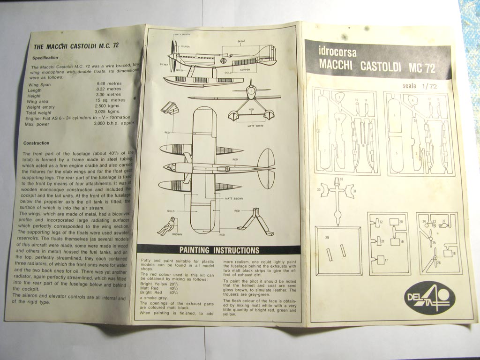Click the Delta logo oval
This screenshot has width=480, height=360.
[x=427, y=298]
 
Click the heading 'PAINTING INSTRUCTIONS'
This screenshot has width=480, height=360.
[x=219, y=250]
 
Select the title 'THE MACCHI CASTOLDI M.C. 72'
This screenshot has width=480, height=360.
[x=76, y=46]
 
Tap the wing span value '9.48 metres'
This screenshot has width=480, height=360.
[x=107, y=85]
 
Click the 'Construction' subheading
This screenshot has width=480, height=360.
[x=36, y=143]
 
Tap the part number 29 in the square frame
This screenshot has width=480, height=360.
[x=326, y=238]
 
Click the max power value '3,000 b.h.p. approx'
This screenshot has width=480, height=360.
[x=113, y=124]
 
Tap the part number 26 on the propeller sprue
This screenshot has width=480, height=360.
[x=439, y=263]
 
